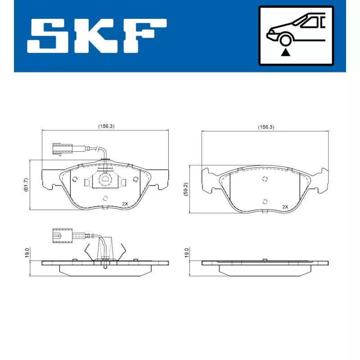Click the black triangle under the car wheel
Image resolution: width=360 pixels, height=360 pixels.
[284, 52]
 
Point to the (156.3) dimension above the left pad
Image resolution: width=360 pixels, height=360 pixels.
[106, 126]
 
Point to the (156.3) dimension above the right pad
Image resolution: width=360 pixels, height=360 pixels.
[266, 127]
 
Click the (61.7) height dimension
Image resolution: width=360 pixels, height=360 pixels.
[26, 185]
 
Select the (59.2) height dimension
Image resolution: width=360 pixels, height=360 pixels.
[185, 189]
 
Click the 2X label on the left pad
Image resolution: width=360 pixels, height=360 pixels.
[126, 204]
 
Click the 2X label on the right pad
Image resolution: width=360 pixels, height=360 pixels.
[284, 207]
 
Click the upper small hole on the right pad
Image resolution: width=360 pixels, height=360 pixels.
[265, 179]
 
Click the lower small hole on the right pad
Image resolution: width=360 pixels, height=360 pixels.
[265, 201]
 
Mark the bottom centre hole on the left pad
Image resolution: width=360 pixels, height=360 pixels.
[105, 198]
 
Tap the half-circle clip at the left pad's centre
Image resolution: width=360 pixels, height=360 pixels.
[105, 180]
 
